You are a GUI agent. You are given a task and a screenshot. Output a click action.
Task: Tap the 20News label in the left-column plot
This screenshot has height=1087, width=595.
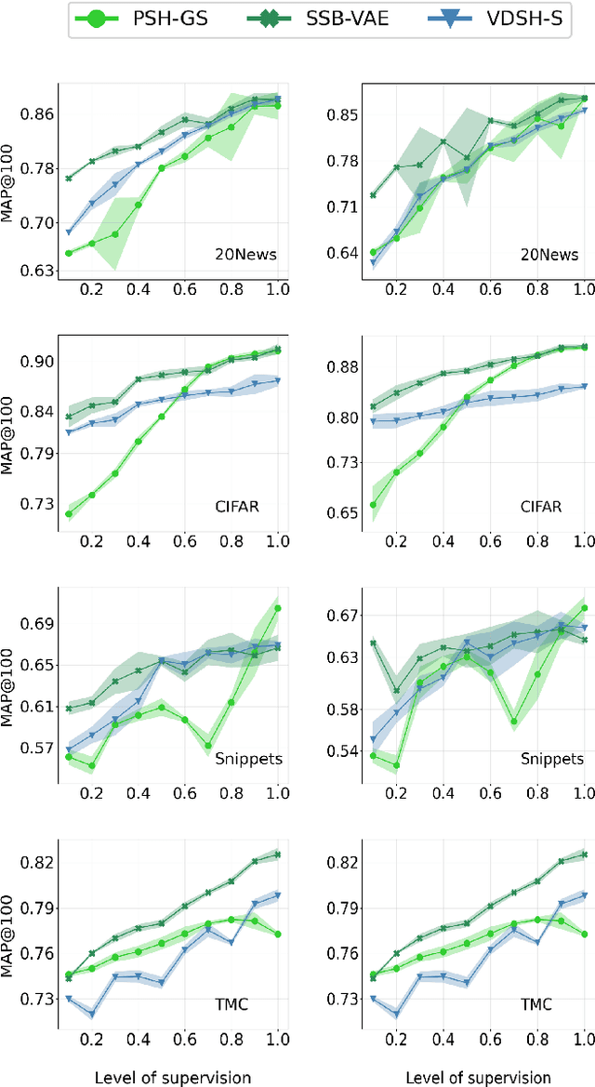coord(245,254)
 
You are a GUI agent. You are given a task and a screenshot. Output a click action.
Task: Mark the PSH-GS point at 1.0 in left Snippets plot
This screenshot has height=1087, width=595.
coord(277,608)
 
